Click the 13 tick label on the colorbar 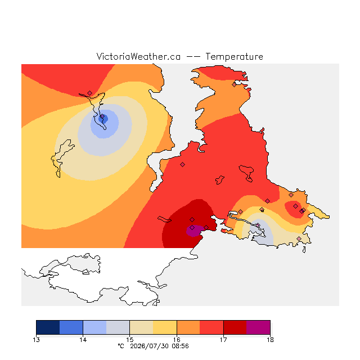click(x=36, y=340)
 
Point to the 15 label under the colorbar click(x=130, y=340)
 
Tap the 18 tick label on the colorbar click(x=270, y=340)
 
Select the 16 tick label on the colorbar click(x=177, y=340)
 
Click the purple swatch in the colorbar click(x=258, y=327)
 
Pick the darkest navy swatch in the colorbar click(x=48, y=327)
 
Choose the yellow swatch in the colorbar click(x=165, y=327)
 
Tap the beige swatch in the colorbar click(x=141, y=327)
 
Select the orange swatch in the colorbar click(x=188, y=327)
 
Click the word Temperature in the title click(x=234, y=56)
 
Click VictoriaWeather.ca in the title click(x=138, y=56)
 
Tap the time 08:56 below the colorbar click(x=180, y=346)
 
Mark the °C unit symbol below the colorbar click(x=121, y=346)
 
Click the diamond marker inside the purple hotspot click(x=192, y=227)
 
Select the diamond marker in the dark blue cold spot click(x=102, y=116)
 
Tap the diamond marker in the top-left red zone click(x=90, y=93)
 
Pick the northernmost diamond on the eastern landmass click(x=234, y=85)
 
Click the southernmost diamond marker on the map click(x=299, y=238)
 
